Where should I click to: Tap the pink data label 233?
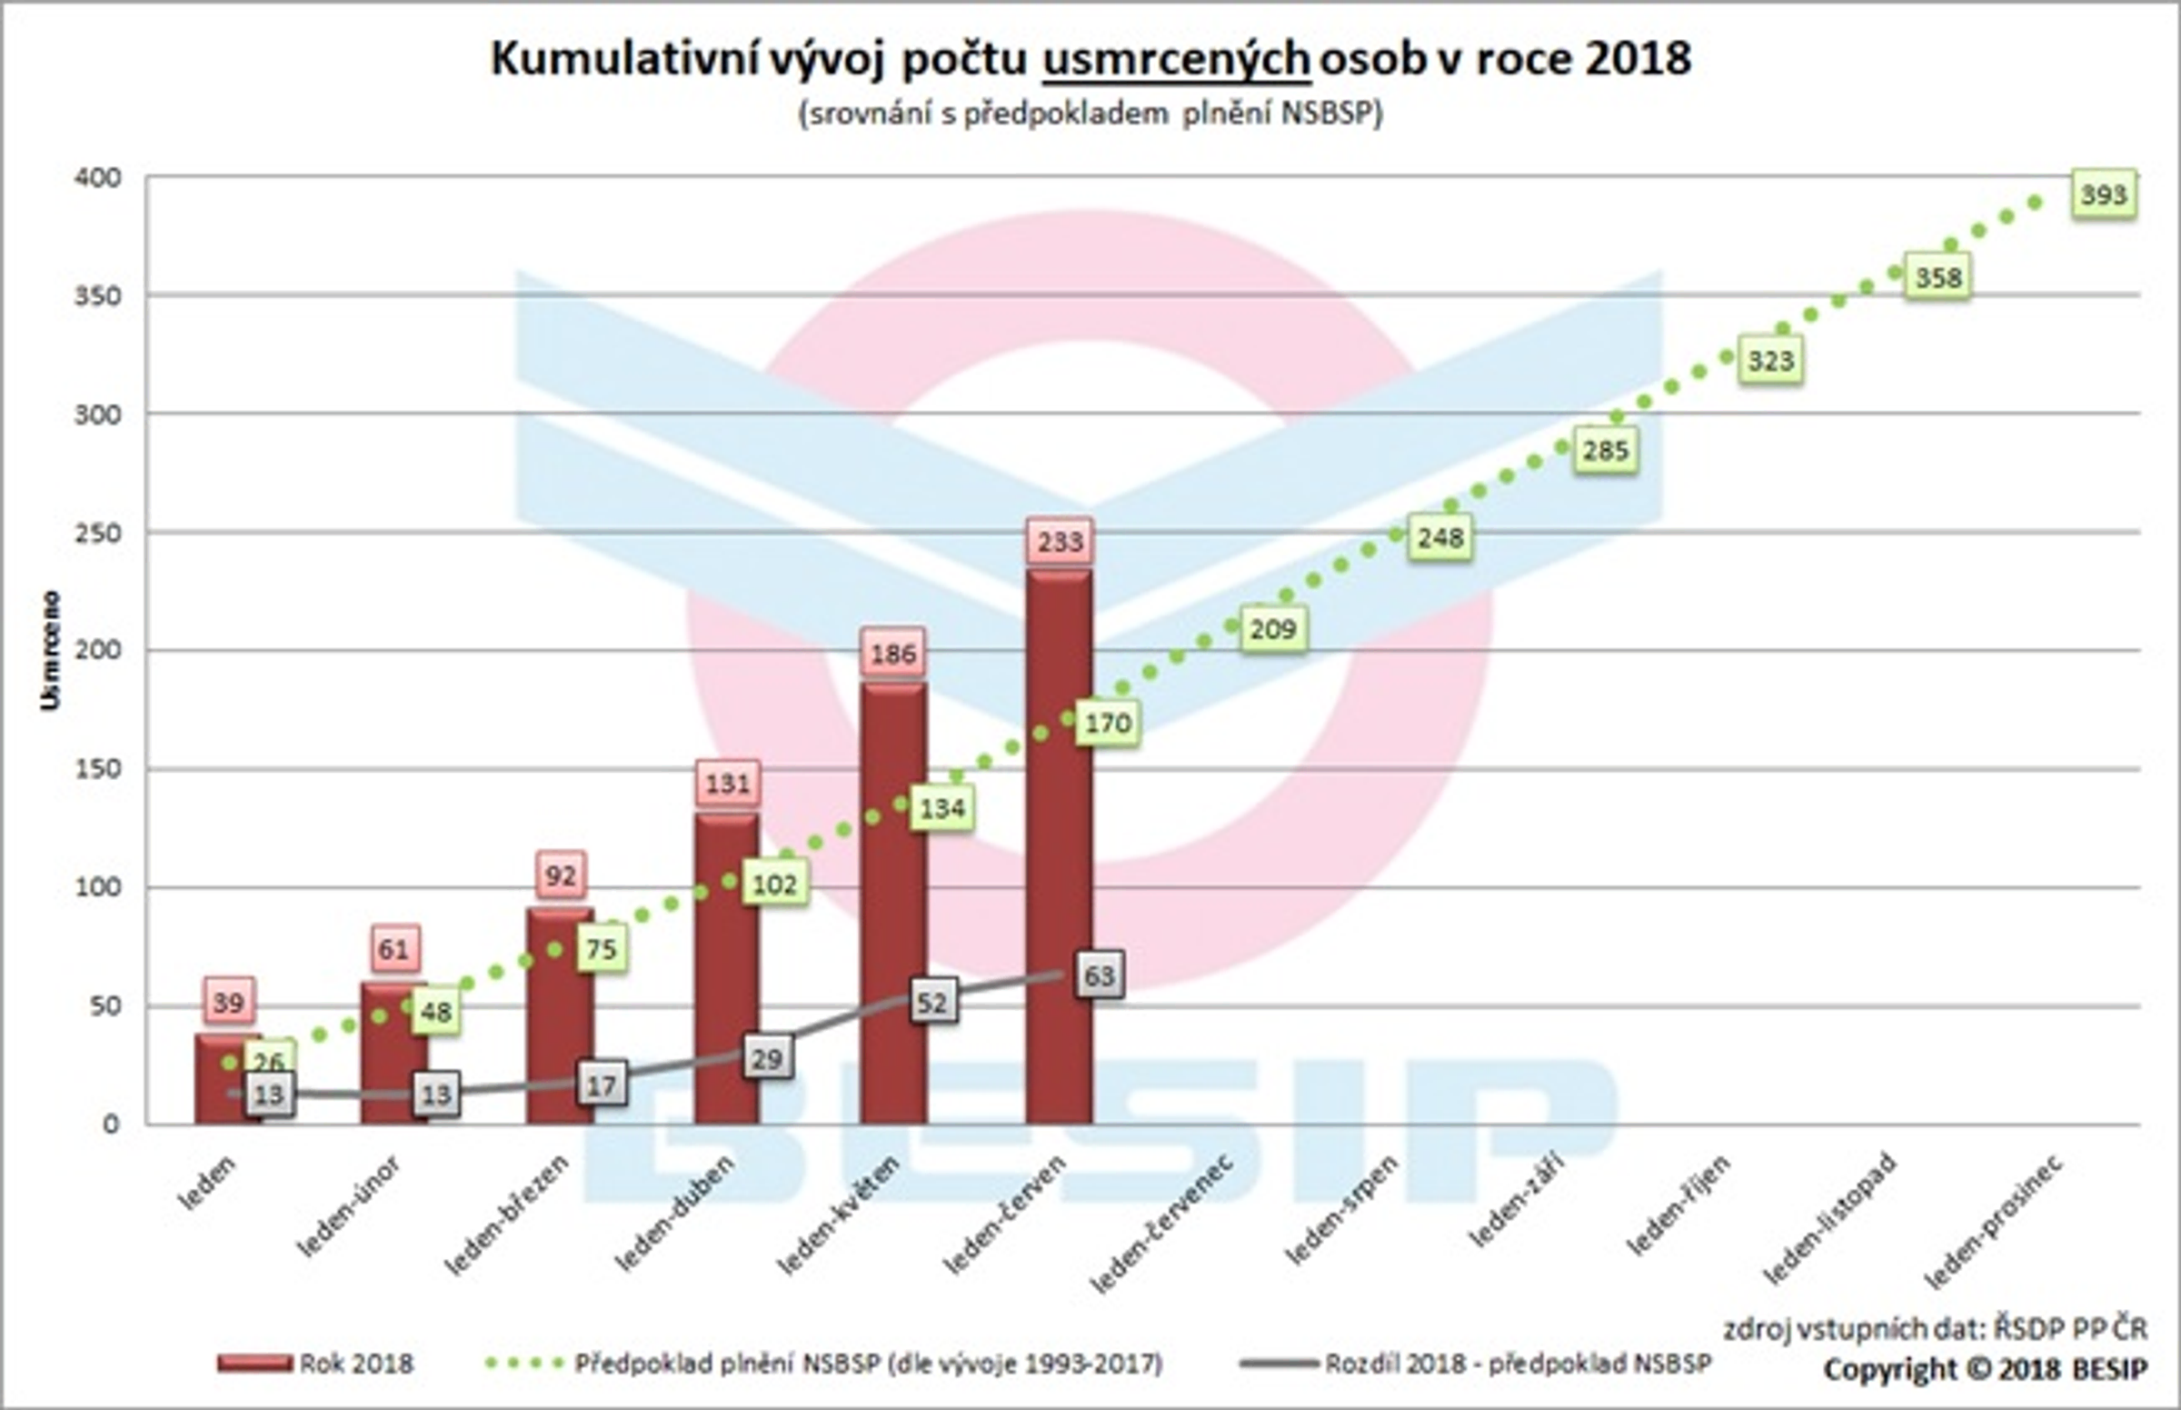1060,541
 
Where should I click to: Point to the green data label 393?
2103,195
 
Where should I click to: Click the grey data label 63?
1099,976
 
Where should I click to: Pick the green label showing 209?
1273,629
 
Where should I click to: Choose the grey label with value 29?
767,1058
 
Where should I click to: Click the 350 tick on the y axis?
98,295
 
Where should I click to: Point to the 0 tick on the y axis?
111,1124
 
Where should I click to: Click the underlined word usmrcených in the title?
1176,59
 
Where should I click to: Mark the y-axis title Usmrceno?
50,650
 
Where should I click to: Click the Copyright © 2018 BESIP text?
1984,1370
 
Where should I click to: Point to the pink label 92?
560,875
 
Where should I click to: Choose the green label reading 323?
1770,361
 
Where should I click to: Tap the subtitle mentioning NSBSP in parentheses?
1090,114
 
